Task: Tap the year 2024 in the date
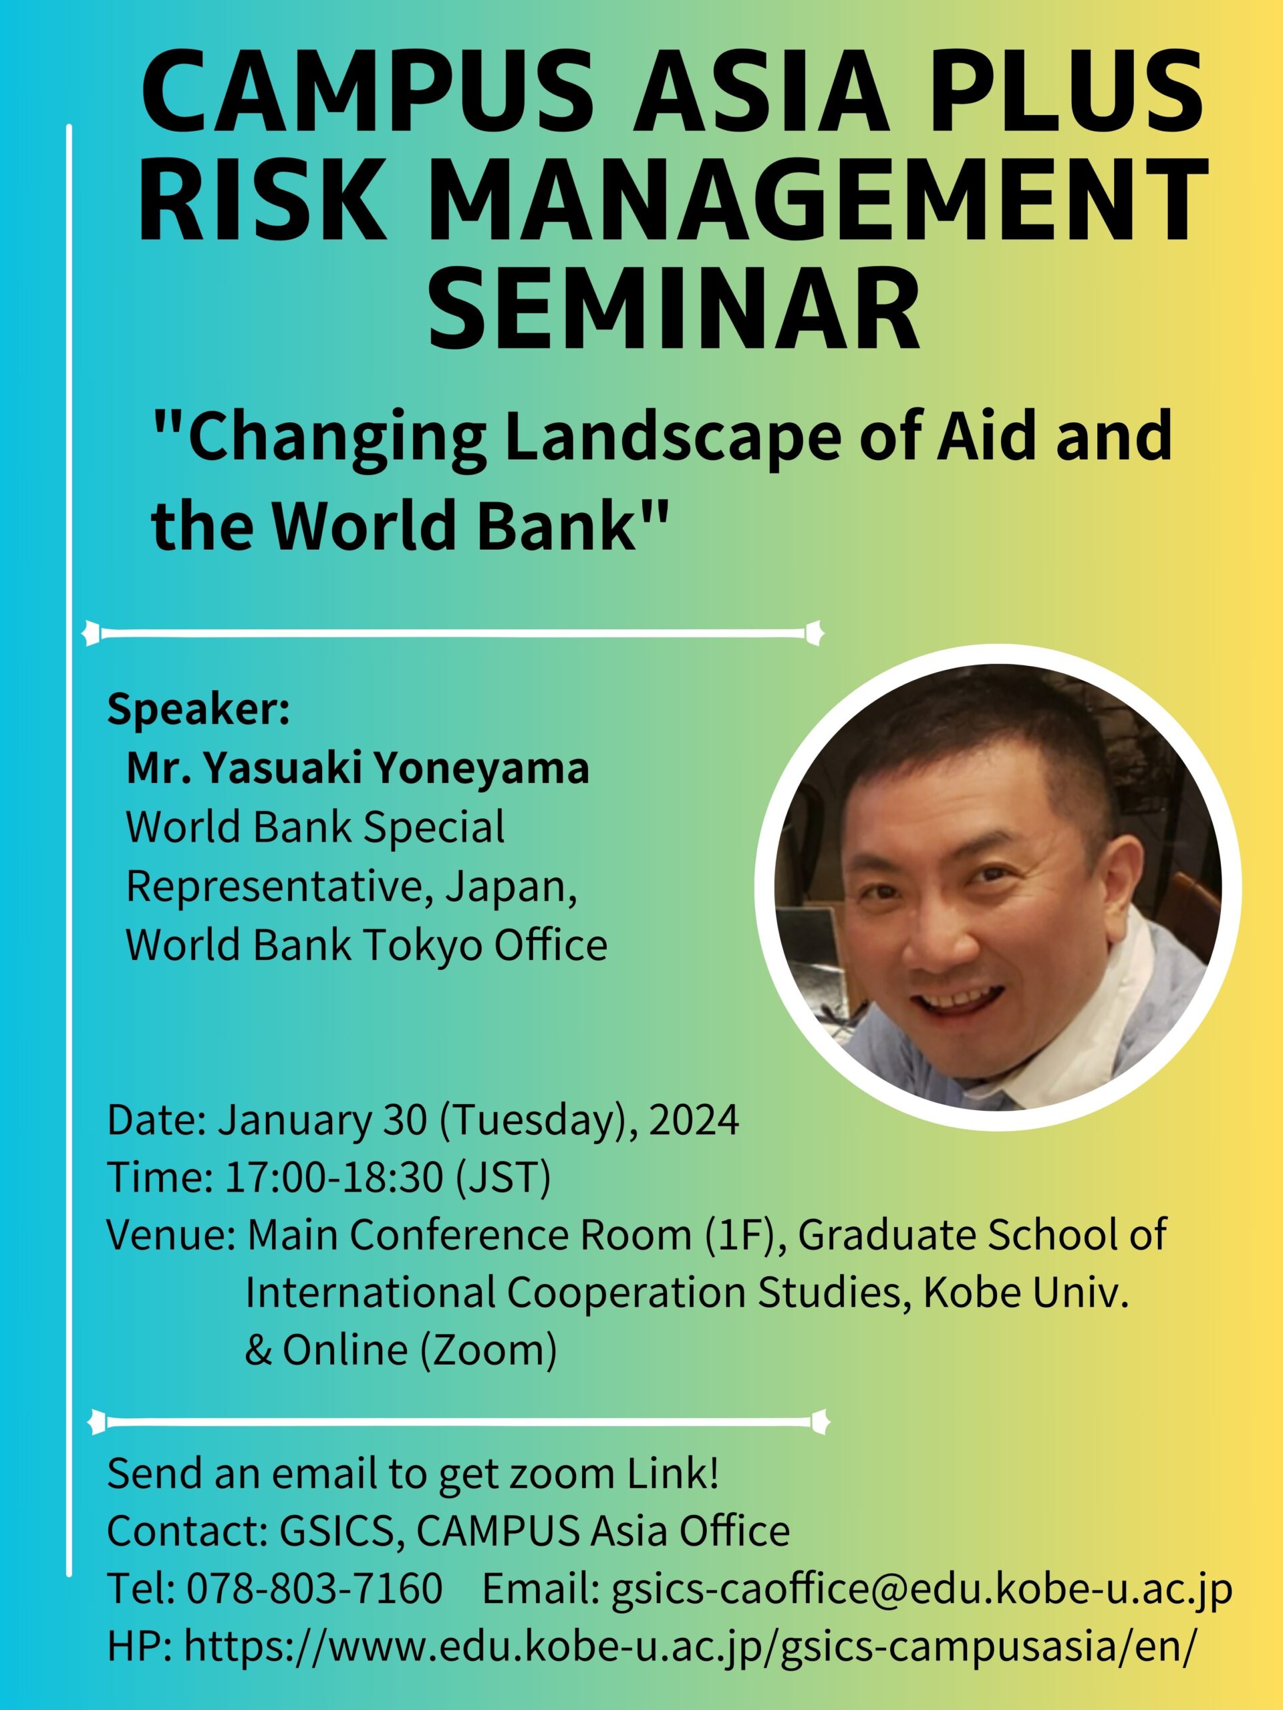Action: pyautogui.click(x=694, y=1120)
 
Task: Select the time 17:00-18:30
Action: pyautogui.click(x=334, y=1178)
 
